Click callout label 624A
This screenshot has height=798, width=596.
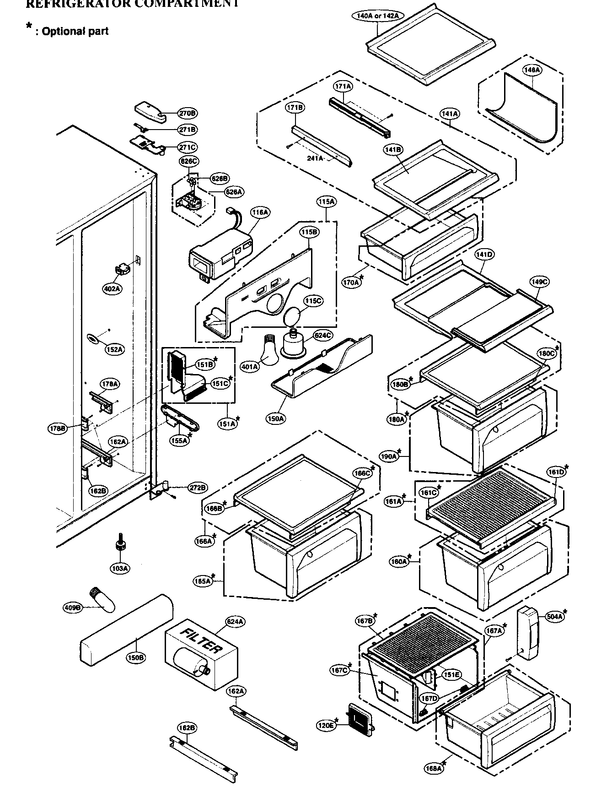(x=235, y=621)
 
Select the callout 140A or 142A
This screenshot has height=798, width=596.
(x=378, y=15)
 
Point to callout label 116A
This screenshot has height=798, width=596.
(x=260, y=212)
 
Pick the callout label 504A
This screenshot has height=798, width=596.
(x=554, y=617)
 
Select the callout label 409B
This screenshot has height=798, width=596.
(x=72, y=608)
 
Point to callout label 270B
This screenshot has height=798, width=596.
(x=187, y=113)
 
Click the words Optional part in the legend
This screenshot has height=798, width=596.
(x=75, y=31)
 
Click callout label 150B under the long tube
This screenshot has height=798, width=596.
(x=136, y=657)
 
